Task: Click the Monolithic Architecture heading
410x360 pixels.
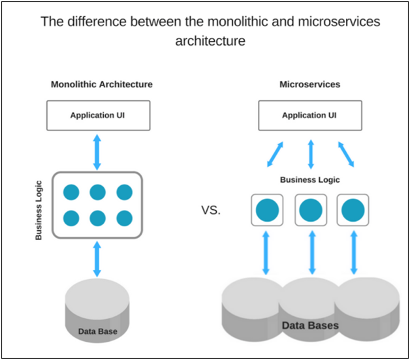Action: (x=102, y=85)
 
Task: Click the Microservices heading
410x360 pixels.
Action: (x=309, y=85)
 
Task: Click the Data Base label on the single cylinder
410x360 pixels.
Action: (x=98, y=331)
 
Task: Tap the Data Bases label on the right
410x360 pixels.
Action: (x=310, y=325)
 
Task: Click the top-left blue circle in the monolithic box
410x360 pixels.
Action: (x=71, y=192)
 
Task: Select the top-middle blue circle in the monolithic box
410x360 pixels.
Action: (x=98, y=192)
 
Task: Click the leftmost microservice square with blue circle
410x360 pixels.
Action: (x=267, y=210)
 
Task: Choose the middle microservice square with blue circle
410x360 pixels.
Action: (x=311, y=210)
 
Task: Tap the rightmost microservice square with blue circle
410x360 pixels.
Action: (x=353, y=210)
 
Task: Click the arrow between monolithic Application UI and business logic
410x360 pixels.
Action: (x=98, y=151)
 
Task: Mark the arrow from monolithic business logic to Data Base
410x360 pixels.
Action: (x=98, y=259)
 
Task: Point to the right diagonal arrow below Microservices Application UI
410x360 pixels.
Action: (x=347, y=154)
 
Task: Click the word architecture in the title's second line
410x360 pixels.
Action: (x=210, y=40)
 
